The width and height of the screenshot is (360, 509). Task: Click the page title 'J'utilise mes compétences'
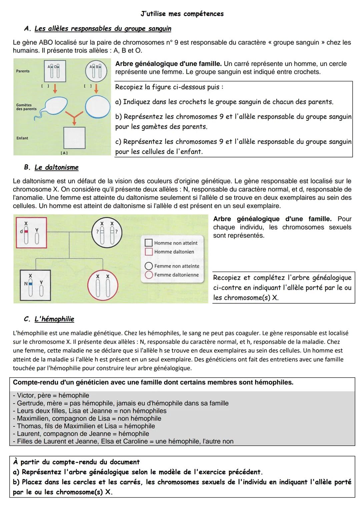(182, 14)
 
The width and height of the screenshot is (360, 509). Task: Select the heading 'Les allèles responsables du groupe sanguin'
(103, 29)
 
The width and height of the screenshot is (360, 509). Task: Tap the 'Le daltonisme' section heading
(56, 167)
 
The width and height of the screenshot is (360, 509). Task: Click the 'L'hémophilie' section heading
(54, 319)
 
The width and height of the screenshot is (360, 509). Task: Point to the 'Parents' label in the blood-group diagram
(23, 71)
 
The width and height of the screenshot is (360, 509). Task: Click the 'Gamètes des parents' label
(24, 107)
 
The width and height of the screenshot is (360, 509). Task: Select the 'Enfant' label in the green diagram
(22, 138)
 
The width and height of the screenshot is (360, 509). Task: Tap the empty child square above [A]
(74, 138)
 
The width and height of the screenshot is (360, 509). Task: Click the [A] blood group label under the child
(64, 153)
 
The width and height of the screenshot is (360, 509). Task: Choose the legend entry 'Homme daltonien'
(174, 252)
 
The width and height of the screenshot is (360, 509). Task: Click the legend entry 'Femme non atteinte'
(176, 266)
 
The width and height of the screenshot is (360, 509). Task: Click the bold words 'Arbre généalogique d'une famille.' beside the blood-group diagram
(168, 64)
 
